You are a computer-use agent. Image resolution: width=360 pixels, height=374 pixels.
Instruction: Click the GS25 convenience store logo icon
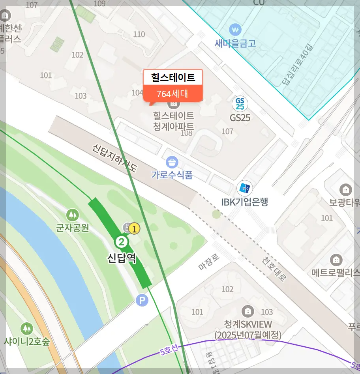click(240, 104)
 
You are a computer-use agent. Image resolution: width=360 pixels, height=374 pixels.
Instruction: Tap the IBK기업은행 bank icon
click(245, 189)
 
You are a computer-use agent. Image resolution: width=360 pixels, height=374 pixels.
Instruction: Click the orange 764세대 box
click(172, 94)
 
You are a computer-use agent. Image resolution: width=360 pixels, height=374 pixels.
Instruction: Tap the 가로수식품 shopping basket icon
click(172, 162)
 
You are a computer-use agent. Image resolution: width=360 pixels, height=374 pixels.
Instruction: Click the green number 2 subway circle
click(122, 241)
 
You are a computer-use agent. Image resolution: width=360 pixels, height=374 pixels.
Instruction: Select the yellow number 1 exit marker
click(134, 228)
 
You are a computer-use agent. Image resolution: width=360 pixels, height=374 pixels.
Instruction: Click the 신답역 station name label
click(122, 258)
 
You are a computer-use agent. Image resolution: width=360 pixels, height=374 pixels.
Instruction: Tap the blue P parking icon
click(142, 301)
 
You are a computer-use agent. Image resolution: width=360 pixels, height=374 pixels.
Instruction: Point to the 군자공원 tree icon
click(72, 215)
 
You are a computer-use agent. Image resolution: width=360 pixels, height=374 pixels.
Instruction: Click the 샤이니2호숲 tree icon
click(27, 328)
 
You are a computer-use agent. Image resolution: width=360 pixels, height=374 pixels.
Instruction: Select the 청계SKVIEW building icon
click(248, 311)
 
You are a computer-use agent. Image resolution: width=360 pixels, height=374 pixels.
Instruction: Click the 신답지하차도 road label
click(115, 158)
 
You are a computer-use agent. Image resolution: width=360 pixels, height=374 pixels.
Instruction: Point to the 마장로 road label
click(209, 262)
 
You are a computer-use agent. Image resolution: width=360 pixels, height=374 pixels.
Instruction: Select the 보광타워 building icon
click(346, 190)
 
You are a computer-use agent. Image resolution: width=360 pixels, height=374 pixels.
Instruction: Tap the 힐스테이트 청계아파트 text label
click(174, 121)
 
